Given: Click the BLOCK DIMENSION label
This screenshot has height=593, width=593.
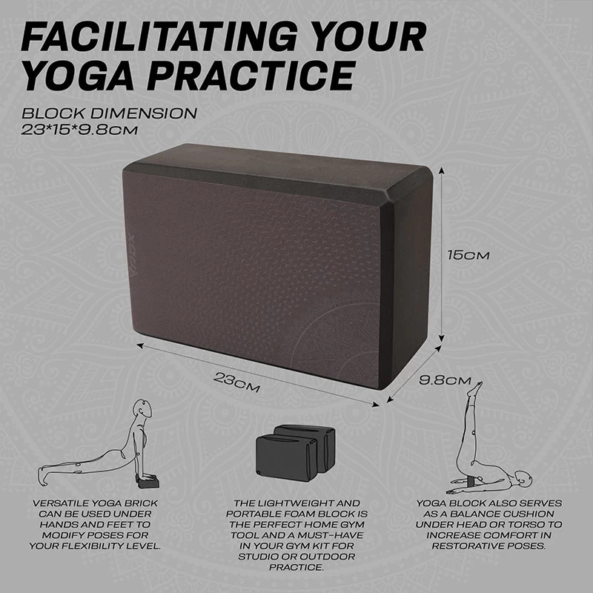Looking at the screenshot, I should tap(109, 114).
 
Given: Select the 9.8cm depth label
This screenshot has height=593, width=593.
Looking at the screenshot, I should tap(445, 380).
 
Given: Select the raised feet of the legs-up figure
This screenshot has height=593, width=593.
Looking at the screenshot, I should tap(475, 388).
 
